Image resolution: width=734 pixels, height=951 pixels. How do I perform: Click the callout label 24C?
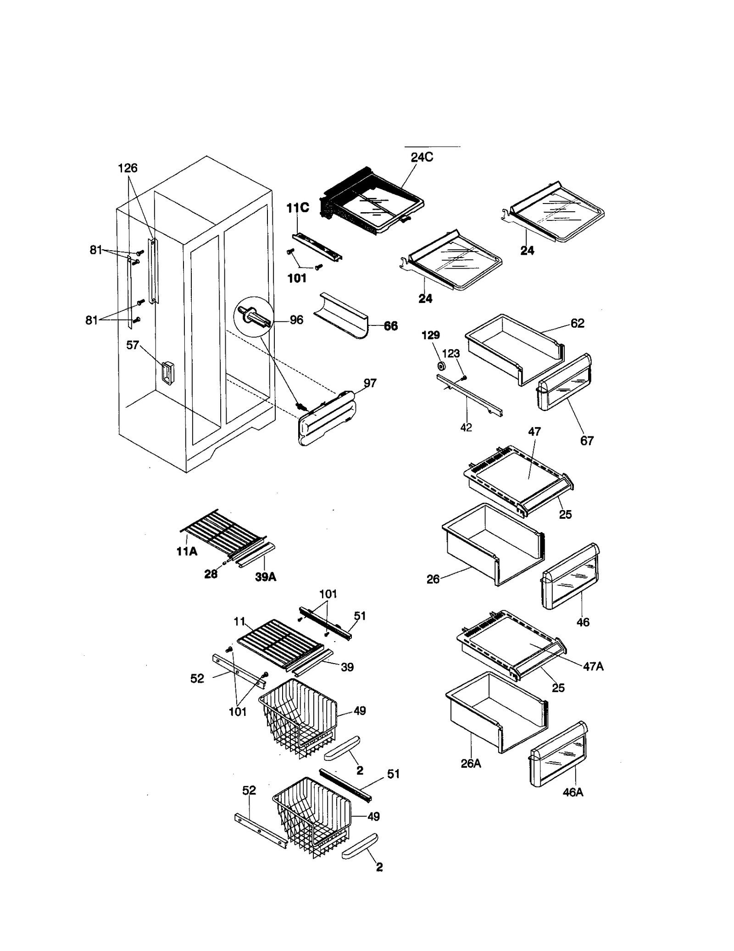[422, 157]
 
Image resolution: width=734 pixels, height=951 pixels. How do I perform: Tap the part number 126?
[128, 168]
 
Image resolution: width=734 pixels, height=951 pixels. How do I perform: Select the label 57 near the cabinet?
[132, 345]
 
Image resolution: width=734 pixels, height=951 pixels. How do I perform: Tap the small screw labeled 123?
[464, 377]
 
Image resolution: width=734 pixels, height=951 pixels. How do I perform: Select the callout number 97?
[370, 383]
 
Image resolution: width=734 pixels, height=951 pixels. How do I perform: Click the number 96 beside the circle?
[296, 320]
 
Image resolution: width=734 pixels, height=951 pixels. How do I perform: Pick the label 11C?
[298, 208]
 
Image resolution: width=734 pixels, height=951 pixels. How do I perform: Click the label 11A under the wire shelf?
[187, 551]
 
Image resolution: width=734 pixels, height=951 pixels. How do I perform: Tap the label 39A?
[266, 577]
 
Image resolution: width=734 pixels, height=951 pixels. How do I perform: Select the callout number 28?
[211, 574]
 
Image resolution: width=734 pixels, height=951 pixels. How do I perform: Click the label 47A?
[593, 666]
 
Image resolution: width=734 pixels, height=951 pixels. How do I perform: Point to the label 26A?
[471, 763]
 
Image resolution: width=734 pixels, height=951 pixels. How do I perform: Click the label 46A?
[573, 792]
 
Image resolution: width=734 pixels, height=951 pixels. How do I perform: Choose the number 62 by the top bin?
[577, 323]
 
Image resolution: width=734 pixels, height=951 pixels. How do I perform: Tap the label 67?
[587, 440]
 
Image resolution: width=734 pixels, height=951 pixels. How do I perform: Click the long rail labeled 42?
[470, 394]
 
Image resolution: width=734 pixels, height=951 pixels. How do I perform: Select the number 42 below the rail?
[466, 427]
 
